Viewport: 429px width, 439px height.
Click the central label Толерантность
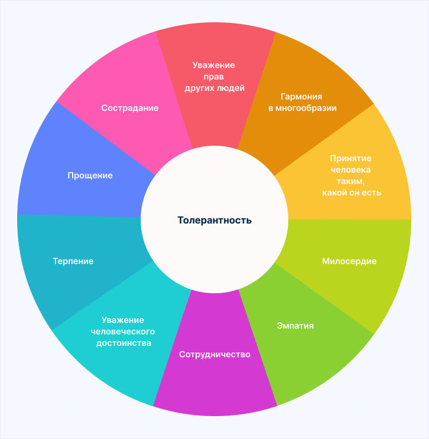click(x=214, y=220)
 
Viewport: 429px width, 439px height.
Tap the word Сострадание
click(x=130, y=107)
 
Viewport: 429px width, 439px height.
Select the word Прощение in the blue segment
click(x=90, y=175)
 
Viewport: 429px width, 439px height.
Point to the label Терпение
click(x=73, y=261)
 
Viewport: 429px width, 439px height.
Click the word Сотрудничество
click(x=214, y=354)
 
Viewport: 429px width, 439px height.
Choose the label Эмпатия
click(x=295, y=326)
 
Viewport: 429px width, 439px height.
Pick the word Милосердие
click(x=349, y=261)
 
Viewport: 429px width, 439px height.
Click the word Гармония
click(x=301, y=97)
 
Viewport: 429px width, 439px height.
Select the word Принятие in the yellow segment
click(x=351, y=158)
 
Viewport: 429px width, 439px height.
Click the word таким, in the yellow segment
click(x=351, y=181)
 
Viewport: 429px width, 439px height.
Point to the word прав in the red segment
click(x=214, y=77)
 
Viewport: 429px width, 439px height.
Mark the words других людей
click(x=214, y=88)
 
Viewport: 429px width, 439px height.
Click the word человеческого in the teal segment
click(x=123, y=332)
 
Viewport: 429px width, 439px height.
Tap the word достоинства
click(x=123, y=343)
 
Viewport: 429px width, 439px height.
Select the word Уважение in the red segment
click(x=214, y=65)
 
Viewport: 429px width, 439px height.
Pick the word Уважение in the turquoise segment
click(x=123, y=320)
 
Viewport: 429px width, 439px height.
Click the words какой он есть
click(x=351, y=193)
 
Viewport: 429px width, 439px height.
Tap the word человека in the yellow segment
click(x=351, y=170)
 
